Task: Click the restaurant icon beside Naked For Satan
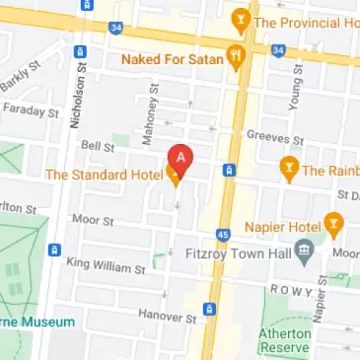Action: point(235,57)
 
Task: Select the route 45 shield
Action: point(224,234)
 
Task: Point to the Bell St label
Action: point(98,145)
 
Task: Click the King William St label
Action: point(105,264)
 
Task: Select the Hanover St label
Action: point(160,318)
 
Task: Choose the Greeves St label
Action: point(265,135)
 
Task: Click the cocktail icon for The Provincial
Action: point(239,20)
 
